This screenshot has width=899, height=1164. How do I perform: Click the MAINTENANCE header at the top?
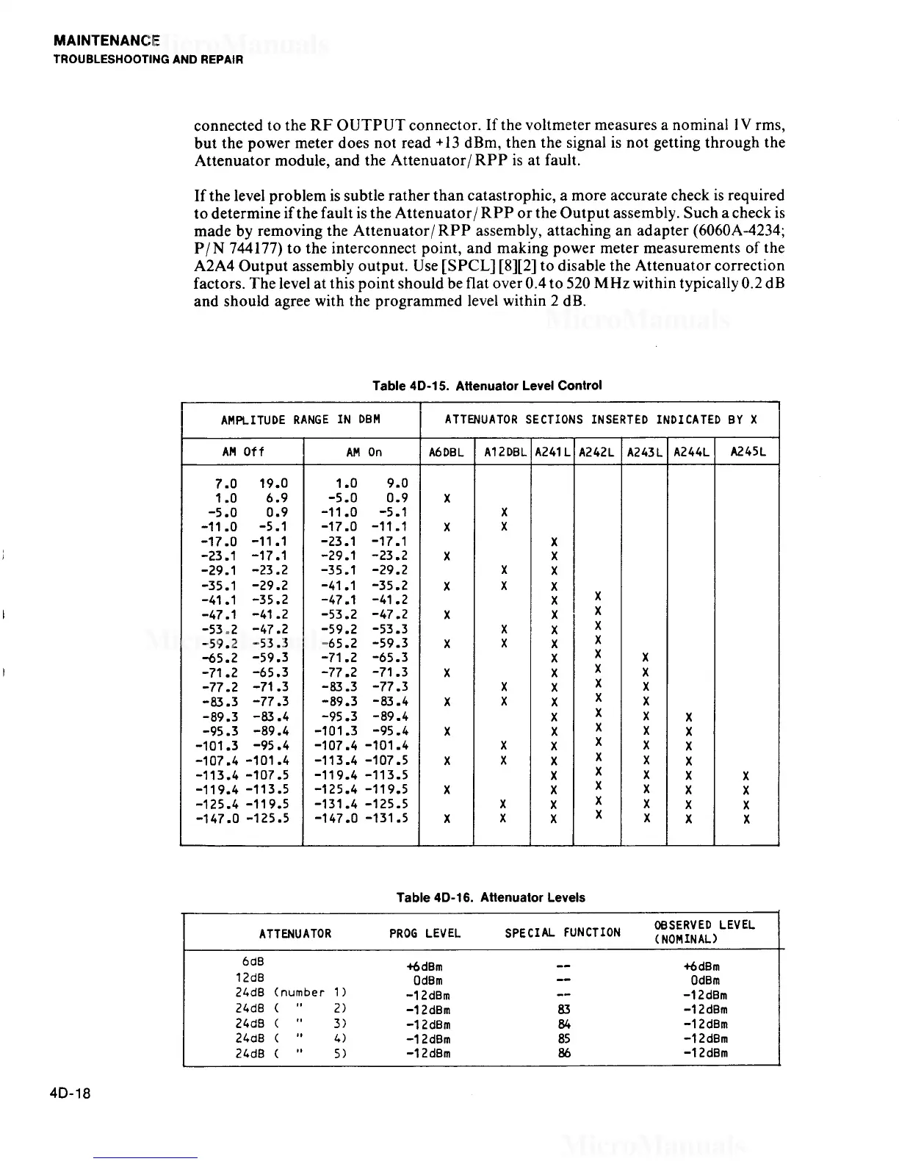(106, 42)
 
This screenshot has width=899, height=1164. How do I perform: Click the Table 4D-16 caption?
(490, 897)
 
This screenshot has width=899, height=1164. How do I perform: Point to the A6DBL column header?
(446, 453)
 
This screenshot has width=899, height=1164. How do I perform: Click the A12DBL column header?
(502, 453)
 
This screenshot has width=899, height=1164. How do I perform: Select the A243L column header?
(644, 453)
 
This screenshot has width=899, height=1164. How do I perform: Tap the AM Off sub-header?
(243, 453)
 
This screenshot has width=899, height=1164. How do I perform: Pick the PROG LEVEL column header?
(425, 933)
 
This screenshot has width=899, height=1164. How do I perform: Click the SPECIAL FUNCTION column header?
(562, 933)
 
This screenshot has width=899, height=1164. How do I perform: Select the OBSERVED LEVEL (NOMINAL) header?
(704, 932)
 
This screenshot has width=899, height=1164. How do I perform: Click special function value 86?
(563, 1053)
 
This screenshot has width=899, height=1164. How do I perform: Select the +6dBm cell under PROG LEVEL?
(425, 967)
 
